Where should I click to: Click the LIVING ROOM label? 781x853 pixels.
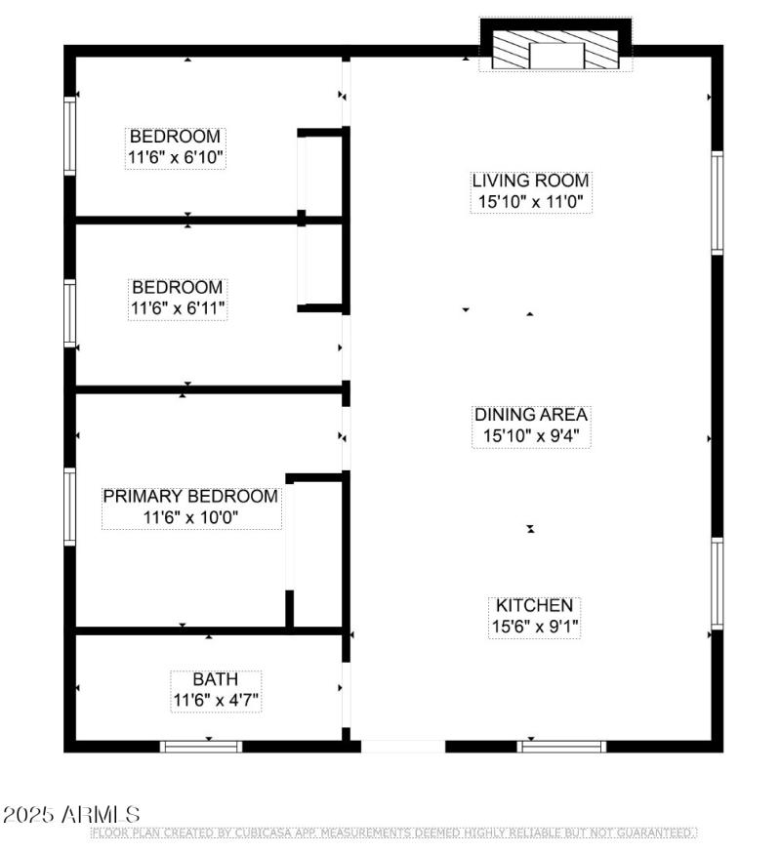(x=530, y=181)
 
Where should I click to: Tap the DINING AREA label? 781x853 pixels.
(x=530, y=415)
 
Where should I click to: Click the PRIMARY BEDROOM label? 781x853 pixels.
(x=190, y=496)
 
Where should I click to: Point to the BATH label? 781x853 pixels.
(x=214, y=679)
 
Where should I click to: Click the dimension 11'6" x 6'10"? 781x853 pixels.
(x=176, y=158)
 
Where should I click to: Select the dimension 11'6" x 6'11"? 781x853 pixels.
(x=178, y=308)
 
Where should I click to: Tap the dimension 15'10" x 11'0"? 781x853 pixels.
(x=530, y=202)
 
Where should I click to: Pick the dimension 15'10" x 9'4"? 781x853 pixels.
(x=530, y=436)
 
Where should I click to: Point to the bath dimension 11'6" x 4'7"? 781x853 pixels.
(x=215, y=701)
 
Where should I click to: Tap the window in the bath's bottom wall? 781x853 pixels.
(x=201, y=747)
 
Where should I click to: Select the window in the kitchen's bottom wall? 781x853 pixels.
(x=561, y=747)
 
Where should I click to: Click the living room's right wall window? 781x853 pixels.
(x=718, y=203)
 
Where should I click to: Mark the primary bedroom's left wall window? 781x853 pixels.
(x=70, y=506)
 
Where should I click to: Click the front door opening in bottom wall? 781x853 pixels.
(x=402, y=747)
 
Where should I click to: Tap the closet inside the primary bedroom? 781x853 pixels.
(x=317, y=551)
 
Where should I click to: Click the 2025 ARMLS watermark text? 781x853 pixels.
(x=71, y=814)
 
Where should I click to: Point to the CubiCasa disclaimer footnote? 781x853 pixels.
(x=392, y=833)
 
